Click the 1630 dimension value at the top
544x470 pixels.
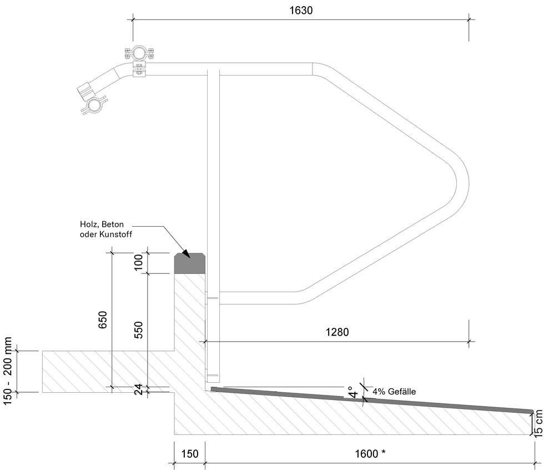click(301, 11)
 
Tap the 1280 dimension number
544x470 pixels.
click(338, 332)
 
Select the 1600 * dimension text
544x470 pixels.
click(370, 453)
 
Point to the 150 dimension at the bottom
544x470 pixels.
click(190, 453)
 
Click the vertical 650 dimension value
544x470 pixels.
click(103, 319)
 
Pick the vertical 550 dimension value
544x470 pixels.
click(138, 330)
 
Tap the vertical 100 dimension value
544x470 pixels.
click(138, 262)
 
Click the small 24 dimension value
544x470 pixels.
click(138, 389)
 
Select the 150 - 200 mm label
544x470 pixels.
click(8, 371)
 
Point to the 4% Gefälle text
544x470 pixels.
click(394, 392)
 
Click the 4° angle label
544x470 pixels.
click(353, 392)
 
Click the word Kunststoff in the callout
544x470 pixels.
click(115, 234)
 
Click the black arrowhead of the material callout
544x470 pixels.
click(186, 253)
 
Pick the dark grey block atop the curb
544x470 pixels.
click(189, 263)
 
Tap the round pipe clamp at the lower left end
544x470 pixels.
click(94, 105)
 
